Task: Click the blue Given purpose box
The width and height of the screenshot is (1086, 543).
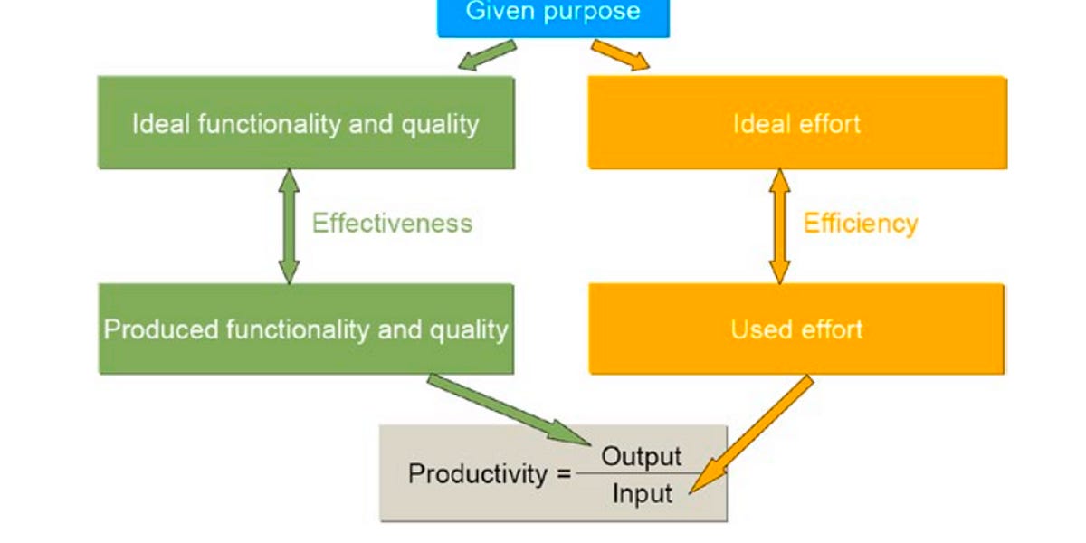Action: click(553, 16)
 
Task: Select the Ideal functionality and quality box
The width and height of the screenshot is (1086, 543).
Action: click(306, 123)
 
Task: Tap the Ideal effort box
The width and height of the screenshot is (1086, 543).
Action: click(796, 123)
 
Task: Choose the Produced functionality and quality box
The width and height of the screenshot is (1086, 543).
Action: click(306, 329)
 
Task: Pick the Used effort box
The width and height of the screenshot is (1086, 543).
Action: click(796, 329)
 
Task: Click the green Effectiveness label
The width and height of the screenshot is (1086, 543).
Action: click(392, 224)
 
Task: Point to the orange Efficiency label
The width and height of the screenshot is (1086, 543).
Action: click(861, 224)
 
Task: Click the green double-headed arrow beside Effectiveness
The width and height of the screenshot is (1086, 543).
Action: click(289, 226)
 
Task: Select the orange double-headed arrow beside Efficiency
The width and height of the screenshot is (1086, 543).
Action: click(779, 226)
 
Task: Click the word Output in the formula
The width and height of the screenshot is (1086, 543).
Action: click(642, 455)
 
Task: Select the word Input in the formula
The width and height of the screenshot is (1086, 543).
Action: click(642, 494)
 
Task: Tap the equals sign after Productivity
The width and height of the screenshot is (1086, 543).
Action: click(563, 473)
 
